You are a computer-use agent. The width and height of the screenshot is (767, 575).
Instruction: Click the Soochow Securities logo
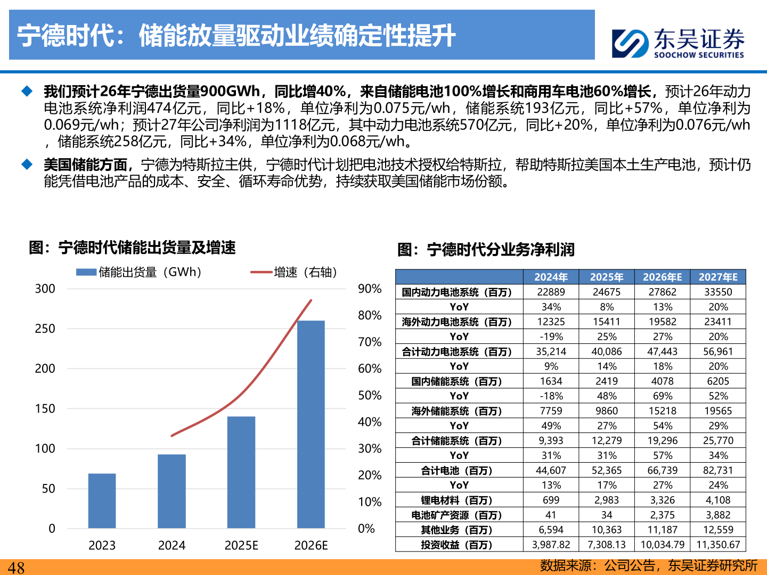tap(678, 43)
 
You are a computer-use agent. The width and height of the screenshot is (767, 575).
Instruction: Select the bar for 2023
tap(102, 500)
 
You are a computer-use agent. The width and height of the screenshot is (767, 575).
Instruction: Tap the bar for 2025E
tap(241, 472)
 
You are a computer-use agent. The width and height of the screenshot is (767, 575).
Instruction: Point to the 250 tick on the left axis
tap(45, 328)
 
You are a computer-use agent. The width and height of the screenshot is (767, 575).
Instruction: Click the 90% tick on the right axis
tap(370, 289)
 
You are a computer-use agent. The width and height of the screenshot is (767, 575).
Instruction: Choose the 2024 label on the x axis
tap(172, 545)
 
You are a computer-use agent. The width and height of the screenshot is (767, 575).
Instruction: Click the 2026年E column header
tap(662, 277)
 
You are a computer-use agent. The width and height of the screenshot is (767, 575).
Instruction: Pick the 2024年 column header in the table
tap(551, 277)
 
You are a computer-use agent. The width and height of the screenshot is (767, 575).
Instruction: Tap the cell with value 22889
tap(551, 292)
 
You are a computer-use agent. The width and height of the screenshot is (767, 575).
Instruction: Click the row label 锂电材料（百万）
tap(457, 500)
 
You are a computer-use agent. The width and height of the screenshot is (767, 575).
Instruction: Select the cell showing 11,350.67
tap(718, 545)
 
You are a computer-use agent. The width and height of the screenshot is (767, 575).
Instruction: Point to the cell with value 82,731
tap(718, 470)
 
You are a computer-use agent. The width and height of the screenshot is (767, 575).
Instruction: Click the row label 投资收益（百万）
tap(457, 545)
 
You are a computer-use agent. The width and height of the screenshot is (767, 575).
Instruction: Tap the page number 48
tap(16, 568)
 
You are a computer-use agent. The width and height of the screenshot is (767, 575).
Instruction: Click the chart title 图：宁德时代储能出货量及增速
tap(132, 248)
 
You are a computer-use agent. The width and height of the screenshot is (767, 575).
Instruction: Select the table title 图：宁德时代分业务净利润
tap(486, 249)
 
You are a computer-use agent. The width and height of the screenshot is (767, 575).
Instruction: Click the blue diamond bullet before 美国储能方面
tap(27, 165)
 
